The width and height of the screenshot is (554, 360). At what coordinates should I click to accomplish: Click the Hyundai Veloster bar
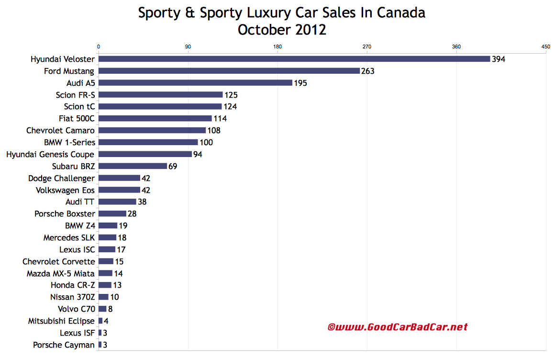[294, 59]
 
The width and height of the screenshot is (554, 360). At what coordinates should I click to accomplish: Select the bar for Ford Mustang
[229, 71]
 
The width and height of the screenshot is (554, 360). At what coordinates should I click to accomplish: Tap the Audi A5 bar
[195, 83]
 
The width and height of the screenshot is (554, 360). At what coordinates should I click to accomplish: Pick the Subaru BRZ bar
[133, 166]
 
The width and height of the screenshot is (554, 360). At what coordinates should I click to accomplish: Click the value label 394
[499, 59]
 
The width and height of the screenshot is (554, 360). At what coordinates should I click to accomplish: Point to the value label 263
[367, 71]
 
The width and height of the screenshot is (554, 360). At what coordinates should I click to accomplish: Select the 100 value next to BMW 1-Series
[206, 142]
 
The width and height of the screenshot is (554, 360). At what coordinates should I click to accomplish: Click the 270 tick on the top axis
[367, 46]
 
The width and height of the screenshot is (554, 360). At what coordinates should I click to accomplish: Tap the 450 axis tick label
[545, 46]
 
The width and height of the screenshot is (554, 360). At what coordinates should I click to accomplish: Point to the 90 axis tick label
[188, 46]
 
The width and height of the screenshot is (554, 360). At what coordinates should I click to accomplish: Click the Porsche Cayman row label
[64, 345]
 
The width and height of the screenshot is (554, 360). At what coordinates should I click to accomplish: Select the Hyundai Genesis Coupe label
[50, 154]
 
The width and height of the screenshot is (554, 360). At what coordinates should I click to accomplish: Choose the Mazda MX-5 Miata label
[61, 273]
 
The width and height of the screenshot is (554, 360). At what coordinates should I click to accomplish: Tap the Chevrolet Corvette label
[58, 261]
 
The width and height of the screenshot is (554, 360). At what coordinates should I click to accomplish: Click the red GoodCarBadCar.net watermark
[397, 327]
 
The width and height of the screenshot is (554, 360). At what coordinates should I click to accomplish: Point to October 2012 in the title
[282, 30]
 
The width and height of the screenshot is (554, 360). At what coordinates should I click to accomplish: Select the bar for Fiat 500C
[155, 118]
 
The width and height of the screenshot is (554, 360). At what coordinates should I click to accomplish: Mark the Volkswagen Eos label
[65, 190]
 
